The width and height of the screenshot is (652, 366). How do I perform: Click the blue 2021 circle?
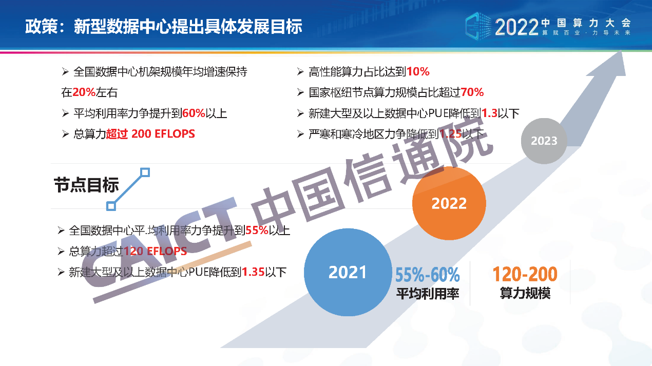tap(348, 272)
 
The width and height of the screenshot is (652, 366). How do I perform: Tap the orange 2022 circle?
tap(449, 203)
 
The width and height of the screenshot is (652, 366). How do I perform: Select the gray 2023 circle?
tap(544, 141)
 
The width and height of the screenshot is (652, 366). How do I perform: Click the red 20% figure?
tap(84, 92)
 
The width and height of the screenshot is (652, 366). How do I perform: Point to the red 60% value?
tap(194, 113)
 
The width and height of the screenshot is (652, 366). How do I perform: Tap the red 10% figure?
tap(418, 71)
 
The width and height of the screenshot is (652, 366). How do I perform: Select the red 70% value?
tap(472, 92)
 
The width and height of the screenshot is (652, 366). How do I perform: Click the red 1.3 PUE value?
tap(489, 113)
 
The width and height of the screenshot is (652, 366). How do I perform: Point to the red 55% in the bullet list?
tap(257, 230)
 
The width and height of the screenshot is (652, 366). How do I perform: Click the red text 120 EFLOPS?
tap(156, 251)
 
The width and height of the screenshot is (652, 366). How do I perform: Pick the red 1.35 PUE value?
tap(253, 272)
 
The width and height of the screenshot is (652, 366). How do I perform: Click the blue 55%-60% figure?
tap(427, 275)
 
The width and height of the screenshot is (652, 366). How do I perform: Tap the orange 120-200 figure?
tap(525, 274)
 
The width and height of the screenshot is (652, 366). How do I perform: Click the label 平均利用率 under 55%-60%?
tap(428, 294)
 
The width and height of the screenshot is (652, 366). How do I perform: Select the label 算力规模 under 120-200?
tap(525, 293)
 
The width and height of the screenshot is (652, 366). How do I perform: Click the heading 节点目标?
tap(86, 185)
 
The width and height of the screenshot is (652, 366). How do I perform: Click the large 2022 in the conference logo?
tap(517, 27)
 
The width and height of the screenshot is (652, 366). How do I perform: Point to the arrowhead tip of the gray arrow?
tap(621, 51)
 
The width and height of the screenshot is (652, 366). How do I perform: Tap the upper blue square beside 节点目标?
tap(145, 172)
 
